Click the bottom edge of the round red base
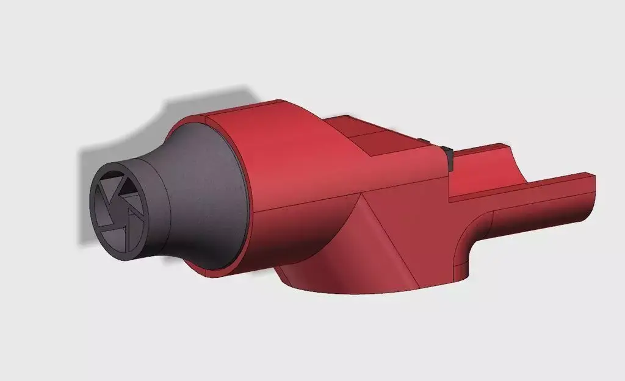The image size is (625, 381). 366,292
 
